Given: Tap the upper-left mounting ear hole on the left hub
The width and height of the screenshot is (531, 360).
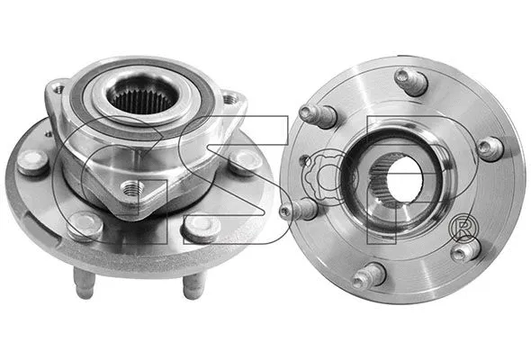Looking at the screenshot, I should tap(57, 87).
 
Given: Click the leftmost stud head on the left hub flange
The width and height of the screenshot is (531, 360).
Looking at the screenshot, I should tap(33, 162).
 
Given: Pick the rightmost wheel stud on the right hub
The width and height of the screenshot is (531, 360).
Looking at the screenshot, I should tap(489, 148).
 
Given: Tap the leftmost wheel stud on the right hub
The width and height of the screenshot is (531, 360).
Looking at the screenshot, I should tap(296, 210).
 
